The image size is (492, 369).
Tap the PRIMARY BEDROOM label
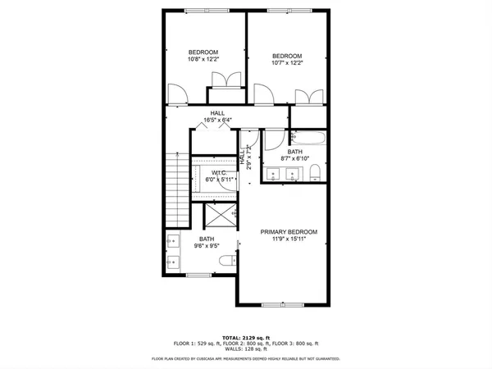tap(288, 236)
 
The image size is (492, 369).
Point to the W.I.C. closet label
tap(219, 176)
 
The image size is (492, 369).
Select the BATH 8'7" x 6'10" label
tap(294, 155)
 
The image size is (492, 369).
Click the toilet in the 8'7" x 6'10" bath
tap(315, 172)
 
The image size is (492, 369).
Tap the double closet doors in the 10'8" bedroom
tap(224, 80)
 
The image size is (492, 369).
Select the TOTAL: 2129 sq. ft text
tap(245, 336)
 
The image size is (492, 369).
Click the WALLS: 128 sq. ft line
tap(245, 348)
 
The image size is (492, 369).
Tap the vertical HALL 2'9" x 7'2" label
tap(244, 157)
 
